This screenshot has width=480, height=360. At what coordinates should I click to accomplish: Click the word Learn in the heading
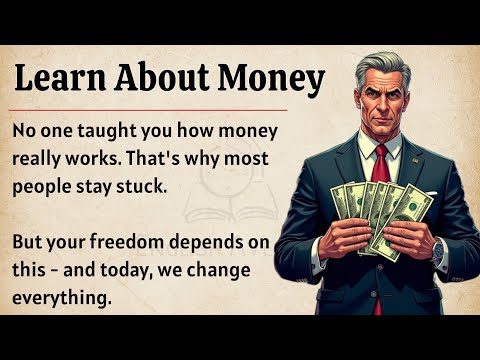click(x=62, y=78)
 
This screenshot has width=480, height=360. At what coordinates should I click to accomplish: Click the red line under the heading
click(x=150, y=108)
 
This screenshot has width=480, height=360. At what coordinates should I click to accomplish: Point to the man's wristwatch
click(x=437, y=247)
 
